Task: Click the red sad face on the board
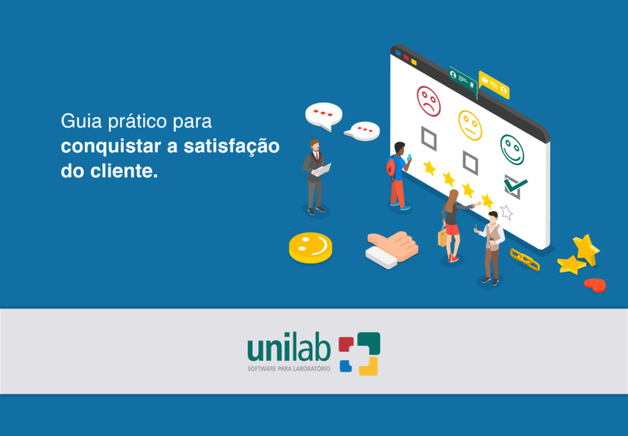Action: pyautogui.click(x=428, y=101)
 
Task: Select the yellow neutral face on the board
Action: pyautogui.click(x=469, y=124)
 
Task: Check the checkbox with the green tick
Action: pyautogui.click(x=514, y=187)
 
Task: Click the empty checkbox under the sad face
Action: pyautogui.click(x=428, y=137)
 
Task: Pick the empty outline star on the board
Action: pyautogui.click(x=506, y=213)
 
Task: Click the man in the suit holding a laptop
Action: pyautogui.click(x=316, y=175)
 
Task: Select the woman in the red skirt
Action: pyautogui.click(x=451, y=226)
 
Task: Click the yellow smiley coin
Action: pyautogui.click(x=310, y=246)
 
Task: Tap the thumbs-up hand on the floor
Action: pyautogui.click(x=392, y=246)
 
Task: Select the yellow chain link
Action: pyautogui.click(x=524, y=259)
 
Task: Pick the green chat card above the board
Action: pyautogui.click(x=462, y=79)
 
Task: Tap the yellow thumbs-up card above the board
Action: pyautogui.click(x=494, y=83)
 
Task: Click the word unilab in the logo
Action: pyautogui.click(x=289, y=348)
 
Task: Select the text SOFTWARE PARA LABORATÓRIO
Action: pyautogui.click(x=289, y=369)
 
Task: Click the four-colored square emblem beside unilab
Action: pyautogui.click(x=360, y=353)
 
